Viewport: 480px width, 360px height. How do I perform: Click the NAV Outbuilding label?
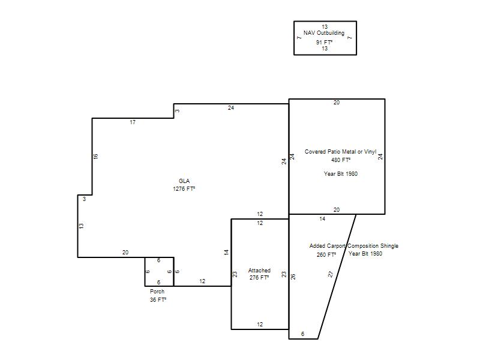click(324, 33)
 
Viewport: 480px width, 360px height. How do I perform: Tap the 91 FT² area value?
click(324, 42)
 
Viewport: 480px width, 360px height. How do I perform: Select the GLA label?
click(184, 181)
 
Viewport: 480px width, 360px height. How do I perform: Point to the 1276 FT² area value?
click(184, 189)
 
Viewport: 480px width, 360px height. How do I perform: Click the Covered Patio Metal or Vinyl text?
click(340, 152)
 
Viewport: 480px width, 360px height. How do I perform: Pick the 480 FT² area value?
click(341, 160)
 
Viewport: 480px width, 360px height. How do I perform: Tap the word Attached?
click(259, 271)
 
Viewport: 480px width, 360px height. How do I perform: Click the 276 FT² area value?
click(259, 278)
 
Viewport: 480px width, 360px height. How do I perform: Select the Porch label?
click(157, 292)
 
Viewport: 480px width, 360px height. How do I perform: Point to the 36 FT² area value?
click(158, 299)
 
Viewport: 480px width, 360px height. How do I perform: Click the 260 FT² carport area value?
click(326, 254)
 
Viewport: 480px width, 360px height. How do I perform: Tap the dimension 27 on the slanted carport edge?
click(331, 274)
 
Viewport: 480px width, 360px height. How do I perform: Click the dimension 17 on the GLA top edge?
click(133, 122)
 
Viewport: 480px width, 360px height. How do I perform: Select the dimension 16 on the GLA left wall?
click(95, 156)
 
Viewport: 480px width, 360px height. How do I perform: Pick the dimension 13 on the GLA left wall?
click(81, 226)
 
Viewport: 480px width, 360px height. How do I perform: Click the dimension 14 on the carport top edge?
click(322, 219)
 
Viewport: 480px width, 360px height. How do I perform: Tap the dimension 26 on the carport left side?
click(293, 277)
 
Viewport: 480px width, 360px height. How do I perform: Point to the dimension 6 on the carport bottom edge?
click(303, 334)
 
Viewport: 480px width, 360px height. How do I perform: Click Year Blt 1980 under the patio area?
click(341, 173)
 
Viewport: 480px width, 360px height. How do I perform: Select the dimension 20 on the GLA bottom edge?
click(125, 253)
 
